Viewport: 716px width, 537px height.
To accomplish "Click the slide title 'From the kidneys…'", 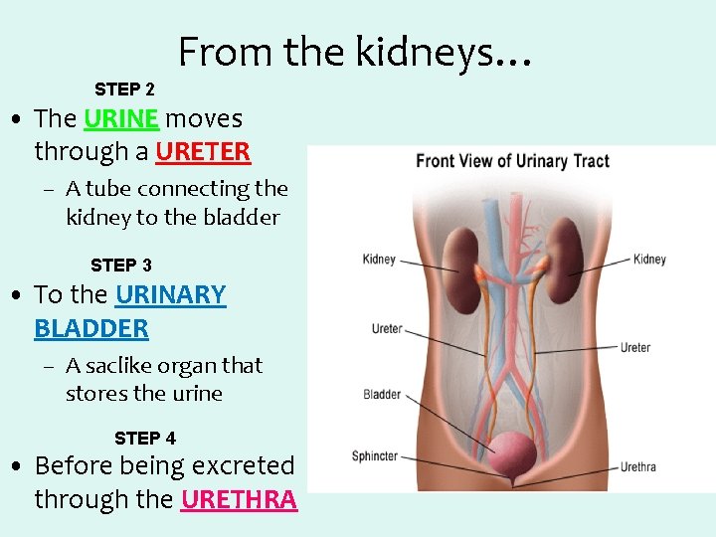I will [x=355, y=52].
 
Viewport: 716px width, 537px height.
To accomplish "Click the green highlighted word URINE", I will [x=121, y=119].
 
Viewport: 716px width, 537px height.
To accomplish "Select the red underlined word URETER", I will [x=203, y=152].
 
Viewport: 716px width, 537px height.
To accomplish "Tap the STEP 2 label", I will [x=124, y=89].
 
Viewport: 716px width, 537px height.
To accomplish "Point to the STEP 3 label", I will [x=121, y=266].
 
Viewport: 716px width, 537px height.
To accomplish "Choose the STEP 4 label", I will [x=145, y=439].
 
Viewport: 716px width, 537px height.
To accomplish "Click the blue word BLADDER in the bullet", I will [x=91, y=328].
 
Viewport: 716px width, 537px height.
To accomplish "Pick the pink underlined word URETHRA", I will [x=239, y=499].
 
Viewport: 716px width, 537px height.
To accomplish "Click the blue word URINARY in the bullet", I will [x=171, y=295].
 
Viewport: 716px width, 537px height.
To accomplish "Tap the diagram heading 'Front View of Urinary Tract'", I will [x=512, y=161].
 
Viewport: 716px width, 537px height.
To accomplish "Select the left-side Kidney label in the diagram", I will [x=379, y=260].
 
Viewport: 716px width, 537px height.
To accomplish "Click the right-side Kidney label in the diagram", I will [x=649, y=260].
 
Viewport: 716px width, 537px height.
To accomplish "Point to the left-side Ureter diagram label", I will [x=387, y=329].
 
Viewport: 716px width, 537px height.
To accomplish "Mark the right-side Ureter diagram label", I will [x=635, y=348].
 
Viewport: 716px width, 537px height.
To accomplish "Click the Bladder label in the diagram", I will [x=382, y=395].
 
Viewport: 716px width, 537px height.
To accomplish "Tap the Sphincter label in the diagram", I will [x=375, y=456].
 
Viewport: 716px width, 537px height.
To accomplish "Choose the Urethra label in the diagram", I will [x=638, y=466].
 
